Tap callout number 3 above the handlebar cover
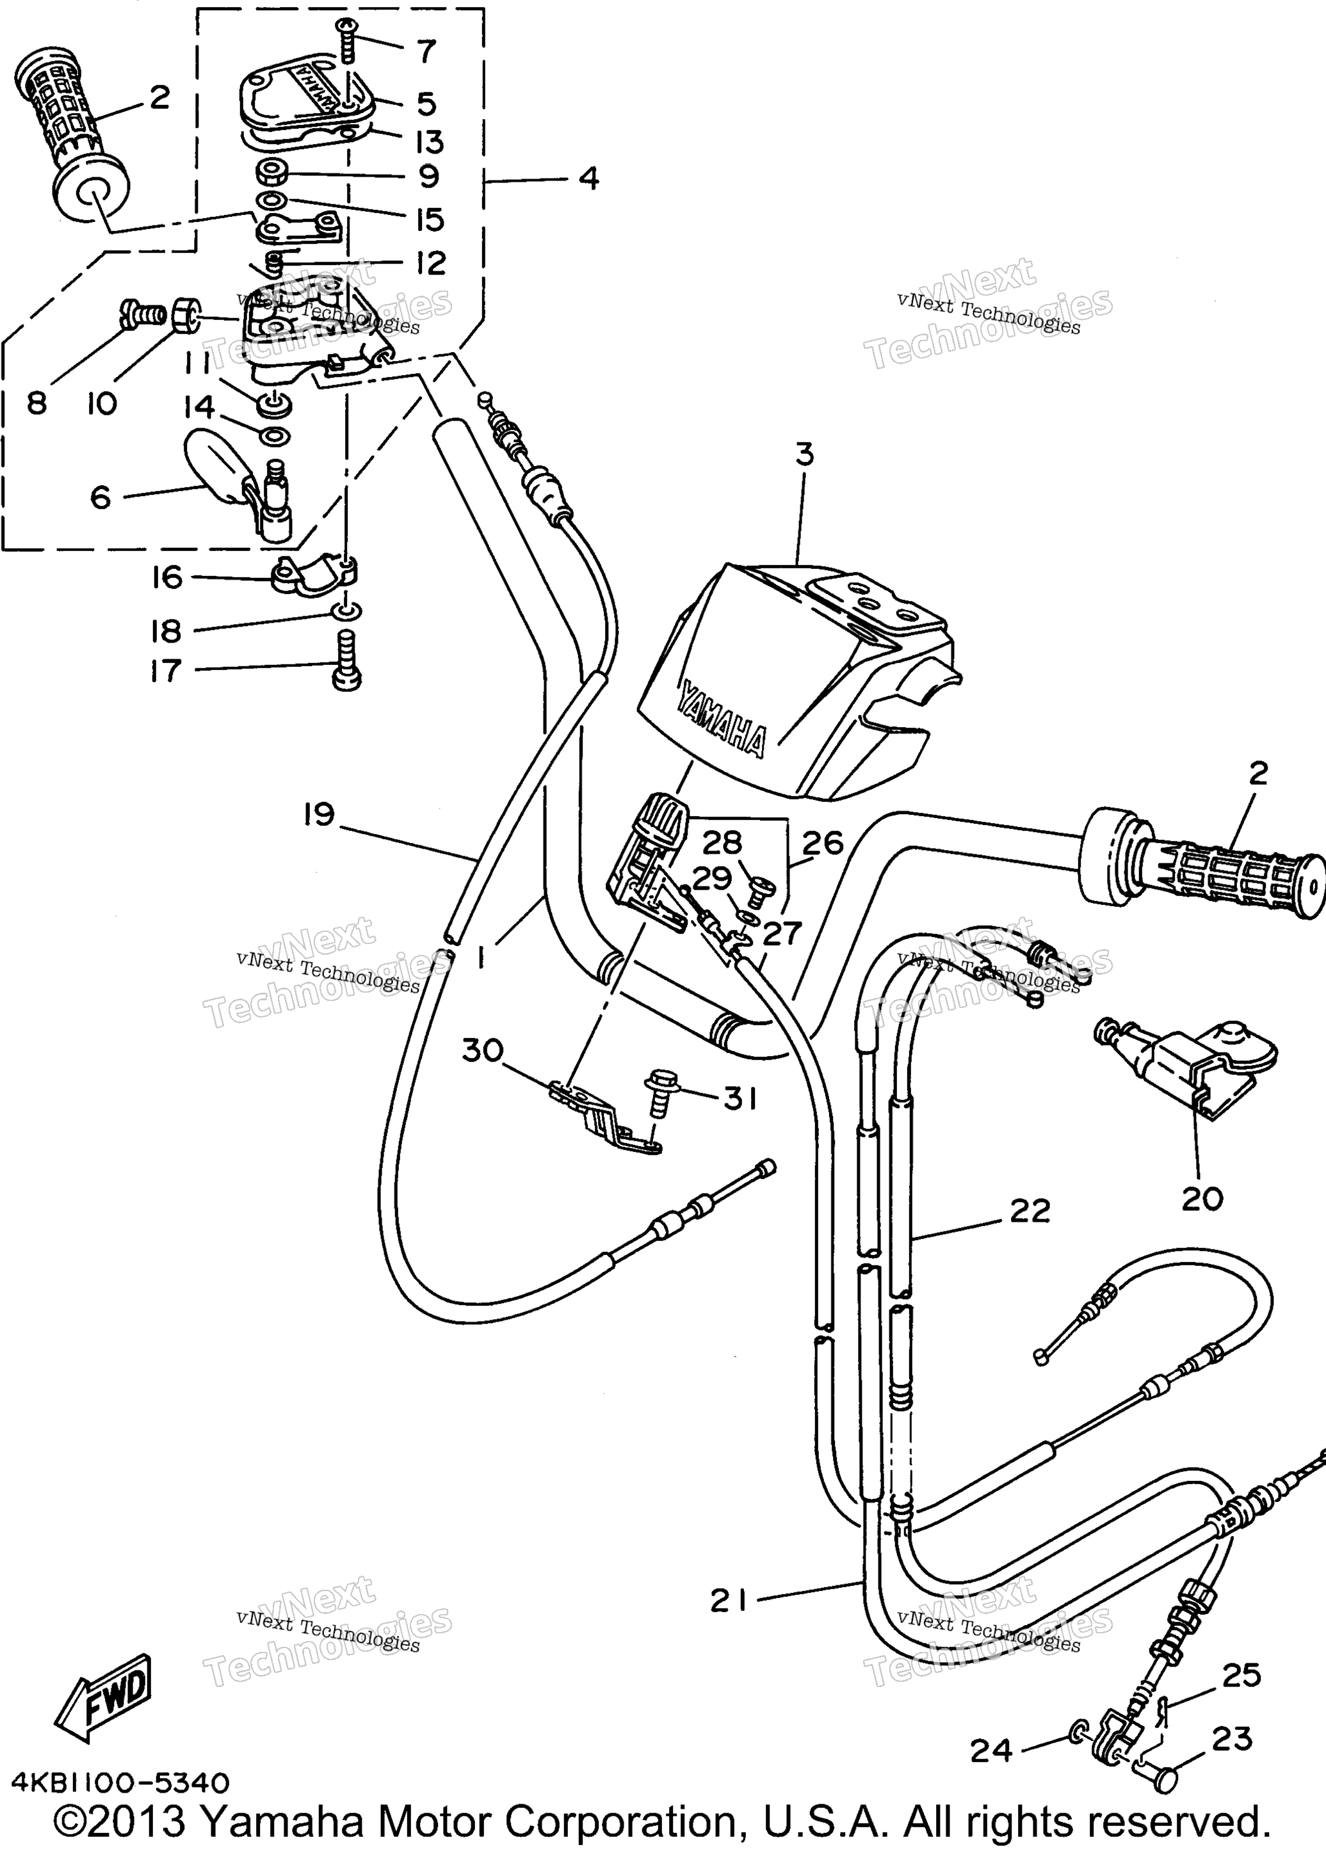click(805, 454)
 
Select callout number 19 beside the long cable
click(319, 813)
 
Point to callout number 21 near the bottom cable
click(728, 1602)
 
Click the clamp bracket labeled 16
click(314, 572)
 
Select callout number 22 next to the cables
click(1030, 1211)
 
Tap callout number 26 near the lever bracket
click(822, 843)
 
